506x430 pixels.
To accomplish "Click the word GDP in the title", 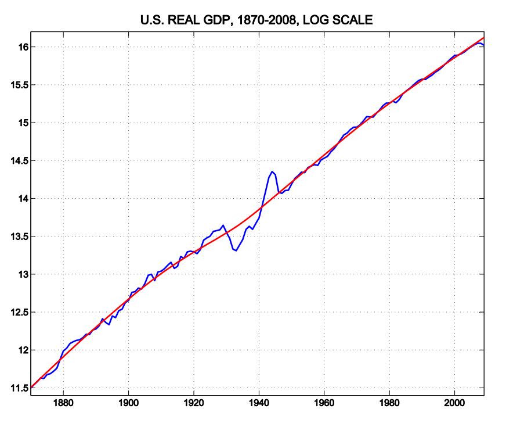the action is click(x=218, y=20).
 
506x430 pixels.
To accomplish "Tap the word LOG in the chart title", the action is click(x=315, y=20).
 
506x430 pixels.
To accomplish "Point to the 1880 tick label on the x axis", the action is click(x=63, y=403).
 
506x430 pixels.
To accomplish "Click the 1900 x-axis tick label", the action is click(x=128, y=403).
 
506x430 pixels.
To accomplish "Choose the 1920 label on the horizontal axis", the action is click(x=194, y=403).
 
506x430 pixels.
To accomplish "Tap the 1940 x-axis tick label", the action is click(x=259, y=403).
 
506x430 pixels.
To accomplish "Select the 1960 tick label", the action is click(x=324, y=403).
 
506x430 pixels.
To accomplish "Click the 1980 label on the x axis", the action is click(x=389, y=403).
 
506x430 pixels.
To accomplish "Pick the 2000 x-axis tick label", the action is click(x=455, y=403).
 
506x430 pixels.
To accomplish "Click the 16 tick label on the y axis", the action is click(x=24, y=47).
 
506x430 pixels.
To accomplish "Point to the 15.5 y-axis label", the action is click(x=19, y=85).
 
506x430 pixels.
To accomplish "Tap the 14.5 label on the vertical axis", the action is click(x=19, y=160).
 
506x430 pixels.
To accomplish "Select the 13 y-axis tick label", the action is click(x=24, y=274).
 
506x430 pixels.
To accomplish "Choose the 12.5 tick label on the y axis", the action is click(x=19, y=312).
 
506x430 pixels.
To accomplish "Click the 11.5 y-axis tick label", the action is click(x=19, y=388).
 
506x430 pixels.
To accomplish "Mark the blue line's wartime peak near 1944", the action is click(x=272, y=171).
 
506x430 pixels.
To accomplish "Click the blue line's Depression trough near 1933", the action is click(x=236, y=250).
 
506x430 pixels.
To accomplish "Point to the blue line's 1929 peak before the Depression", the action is click(x=223, y=225).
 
